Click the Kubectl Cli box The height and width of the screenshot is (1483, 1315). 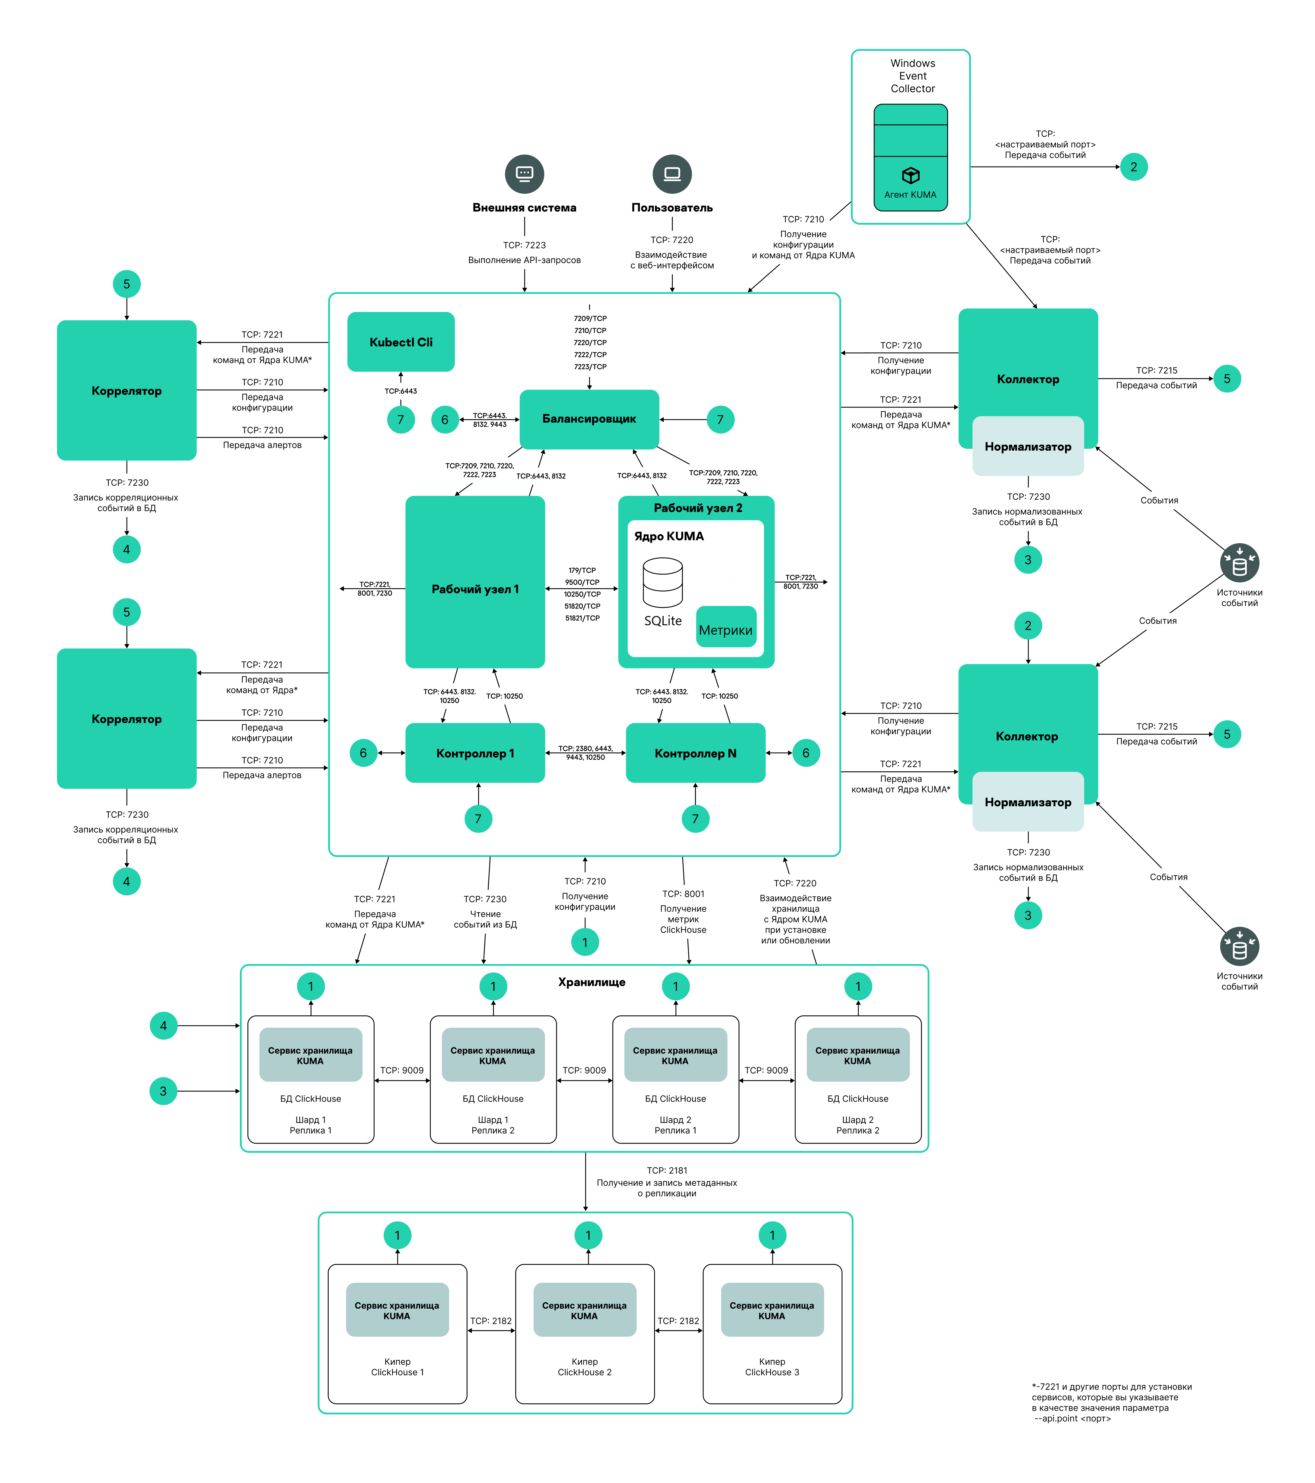(401, 342)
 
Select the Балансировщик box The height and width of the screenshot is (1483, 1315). (589, 419)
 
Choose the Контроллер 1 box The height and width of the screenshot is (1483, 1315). (475, 753)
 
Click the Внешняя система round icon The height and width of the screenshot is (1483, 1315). (524, 174)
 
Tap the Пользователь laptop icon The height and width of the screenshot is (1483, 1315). (672, 174)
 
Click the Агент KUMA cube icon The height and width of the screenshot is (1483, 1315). (910, 176)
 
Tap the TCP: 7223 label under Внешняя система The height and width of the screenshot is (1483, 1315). (524, 245)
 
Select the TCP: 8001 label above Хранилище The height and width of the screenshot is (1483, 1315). (683, 894)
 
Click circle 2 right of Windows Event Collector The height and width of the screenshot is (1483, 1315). (1134, 167)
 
